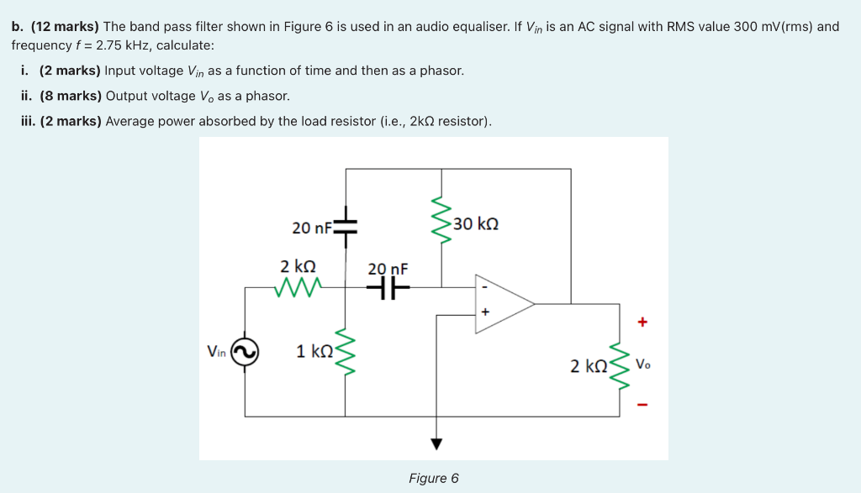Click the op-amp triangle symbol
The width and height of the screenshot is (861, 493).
(502, 303)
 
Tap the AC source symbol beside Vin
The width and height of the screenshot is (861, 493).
(245, 353)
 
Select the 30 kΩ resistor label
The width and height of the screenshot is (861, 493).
(476, 224)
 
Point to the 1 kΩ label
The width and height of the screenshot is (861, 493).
(314, 351)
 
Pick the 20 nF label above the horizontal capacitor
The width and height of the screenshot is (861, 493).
(388, 269)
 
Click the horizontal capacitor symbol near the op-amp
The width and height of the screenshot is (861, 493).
(388, 287)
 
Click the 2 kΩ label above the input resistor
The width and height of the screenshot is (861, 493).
(298, 266)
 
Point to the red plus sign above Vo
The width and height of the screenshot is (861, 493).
(643, 322)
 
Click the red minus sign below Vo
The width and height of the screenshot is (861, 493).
(643, 406)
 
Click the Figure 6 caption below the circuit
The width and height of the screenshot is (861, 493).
(433, 478)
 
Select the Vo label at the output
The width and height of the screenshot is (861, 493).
(643, 365)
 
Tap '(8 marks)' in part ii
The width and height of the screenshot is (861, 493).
(71, 96)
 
